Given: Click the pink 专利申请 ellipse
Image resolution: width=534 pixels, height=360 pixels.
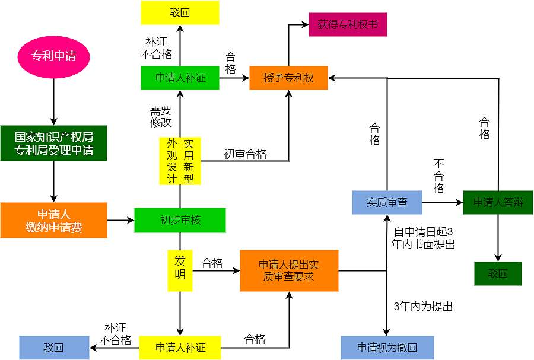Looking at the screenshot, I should tap(53, 58).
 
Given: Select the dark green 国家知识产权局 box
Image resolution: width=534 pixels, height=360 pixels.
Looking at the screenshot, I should tap(53, 143).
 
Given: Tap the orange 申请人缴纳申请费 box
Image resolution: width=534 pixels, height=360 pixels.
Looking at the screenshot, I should tap(53, 220).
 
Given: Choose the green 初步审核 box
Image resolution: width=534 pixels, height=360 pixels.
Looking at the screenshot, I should tap(180, 220).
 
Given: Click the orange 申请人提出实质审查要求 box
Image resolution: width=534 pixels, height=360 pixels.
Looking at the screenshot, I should tap(289, 270).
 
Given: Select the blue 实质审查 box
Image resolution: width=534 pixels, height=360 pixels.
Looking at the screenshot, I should tap(387, 202).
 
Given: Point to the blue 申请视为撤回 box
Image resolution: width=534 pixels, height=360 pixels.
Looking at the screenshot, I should tap(387, 348).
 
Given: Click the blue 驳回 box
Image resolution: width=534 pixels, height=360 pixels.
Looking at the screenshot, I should tap(53, 348).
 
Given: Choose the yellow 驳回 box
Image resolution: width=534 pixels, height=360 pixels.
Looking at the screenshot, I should tap(180, 12).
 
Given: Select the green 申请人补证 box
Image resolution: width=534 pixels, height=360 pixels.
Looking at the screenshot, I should tap(180, 78).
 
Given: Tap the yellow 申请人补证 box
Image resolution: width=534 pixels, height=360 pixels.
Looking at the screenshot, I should tap(180, 348).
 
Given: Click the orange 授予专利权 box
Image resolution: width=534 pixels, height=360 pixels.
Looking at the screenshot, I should tap(289, 78).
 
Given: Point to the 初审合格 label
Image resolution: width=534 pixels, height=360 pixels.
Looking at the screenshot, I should tap(245, 154).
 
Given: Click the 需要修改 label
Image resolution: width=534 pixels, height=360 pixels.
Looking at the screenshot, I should tap(160, 116).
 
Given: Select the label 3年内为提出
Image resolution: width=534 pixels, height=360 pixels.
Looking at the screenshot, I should tap(423, 307).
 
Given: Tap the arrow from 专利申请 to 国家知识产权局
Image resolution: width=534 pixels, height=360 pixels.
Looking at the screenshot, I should tap(53, 101).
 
